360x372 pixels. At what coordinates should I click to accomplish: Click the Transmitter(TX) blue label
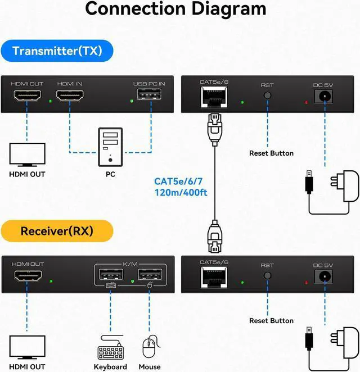point(57,52)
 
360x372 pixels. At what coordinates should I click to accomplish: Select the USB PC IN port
point(149,98)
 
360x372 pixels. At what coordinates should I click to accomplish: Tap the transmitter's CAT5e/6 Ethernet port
point(214,99)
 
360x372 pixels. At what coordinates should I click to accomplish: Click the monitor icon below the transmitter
point(27,154)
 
